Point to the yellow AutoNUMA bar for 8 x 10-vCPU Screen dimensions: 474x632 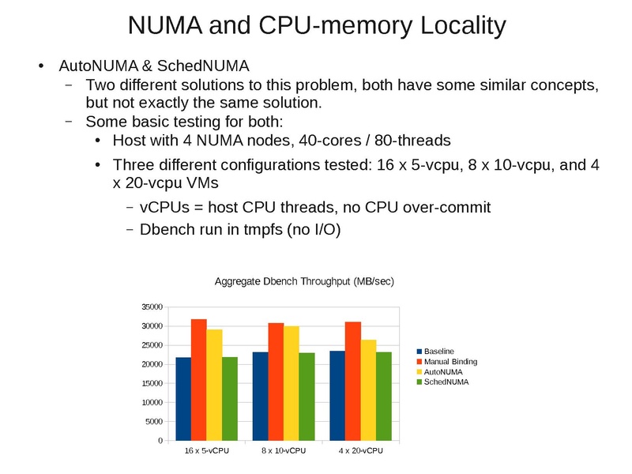[x=292, y=383]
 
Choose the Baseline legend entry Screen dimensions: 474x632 [x=438, y=351]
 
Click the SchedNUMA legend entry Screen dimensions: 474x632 [x=446, y=382]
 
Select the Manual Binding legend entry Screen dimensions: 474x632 [x=450, y=361]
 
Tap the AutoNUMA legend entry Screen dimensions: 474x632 [x=443, y=371]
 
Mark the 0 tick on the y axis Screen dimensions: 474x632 [x=160, y=440]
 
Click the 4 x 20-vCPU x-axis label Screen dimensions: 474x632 [x=361, y=451]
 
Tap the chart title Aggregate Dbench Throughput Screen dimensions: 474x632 [x=304, y=282]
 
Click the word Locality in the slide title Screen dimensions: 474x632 [x=456, y=25]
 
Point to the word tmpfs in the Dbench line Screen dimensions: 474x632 [x=252, y=230]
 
